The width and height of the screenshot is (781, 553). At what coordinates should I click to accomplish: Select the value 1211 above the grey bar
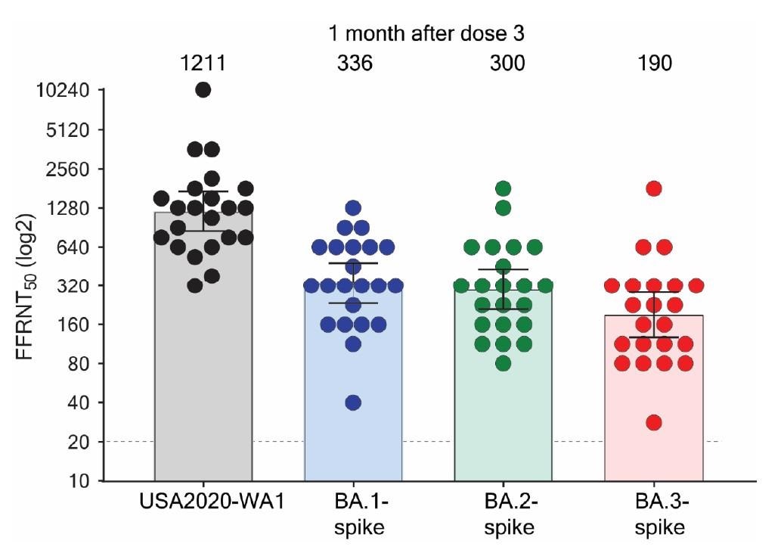[203, 64]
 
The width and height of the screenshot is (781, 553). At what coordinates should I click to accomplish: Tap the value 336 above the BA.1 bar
[354, 64]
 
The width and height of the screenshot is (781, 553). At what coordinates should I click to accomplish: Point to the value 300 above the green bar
[504, 64]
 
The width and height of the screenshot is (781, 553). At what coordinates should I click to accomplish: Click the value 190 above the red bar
[654, 64]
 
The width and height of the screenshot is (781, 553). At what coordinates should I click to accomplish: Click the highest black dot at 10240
[203, 89]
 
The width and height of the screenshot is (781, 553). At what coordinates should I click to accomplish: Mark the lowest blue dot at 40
[353, 402]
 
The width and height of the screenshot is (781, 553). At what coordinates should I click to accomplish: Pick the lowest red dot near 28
[654, 422]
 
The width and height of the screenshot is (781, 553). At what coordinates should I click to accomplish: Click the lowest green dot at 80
[504, 363]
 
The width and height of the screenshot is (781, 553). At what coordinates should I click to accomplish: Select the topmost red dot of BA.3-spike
[654, 188]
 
